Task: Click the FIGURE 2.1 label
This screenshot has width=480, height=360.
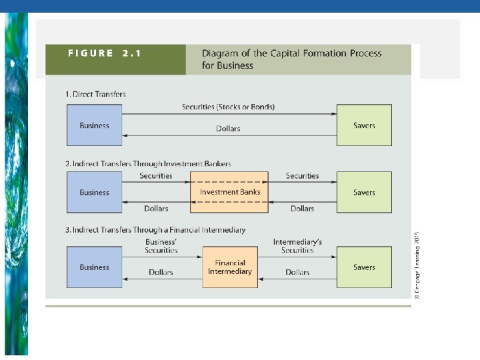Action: [x=104, y=53]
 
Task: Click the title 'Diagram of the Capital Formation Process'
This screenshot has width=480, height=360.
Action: [x=292, y=53]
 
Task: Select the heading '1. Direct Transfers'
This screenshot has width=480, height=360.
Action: [x=95, y=94]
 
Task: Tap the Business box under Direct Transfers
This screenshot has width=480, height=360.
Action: [x=94, y=125]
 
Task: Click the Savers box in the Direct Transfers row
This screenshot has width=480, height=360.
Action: [x=364, y=125]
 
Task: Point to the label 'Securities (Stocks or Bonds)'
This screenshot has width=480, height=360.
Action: [x=228, y=107]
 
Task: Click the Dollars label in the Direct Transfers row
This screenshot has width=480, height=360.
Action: [x=228, y=129]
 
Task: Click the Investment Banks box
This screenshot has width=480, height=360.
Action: [x=229, y=192]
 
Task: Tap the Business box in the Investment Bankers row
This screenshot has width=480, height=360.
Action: [x=94, y=192]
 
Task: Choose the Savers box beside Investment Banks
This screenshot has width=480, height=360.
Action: [x=364, y=192]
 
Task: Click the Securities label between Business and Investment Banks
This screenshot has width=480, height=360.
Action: [x=156, y=176]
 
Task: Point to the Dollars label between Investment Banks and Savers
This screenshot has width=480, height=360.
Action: [x=302, y=209]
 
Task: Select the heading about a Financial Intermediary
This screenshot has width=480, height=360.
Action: [x=155, y=230]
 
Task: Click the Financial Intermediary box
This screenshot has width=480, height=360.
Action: [x=229, y=267]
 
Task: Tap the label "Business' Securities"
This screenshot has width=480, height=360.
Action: [x=161, y=245]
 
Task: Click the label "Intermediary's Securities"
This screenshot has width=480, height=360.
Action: [x=297, y=245]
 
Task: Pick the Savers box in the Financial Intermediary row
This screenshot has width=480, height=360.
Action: [x=364, y=267]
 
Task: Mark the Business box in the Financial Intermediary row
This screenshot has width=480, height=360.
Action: [x=94, y=267]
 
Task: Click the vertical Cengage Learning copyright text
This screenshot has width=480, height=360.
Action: [x=417, y=265]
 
